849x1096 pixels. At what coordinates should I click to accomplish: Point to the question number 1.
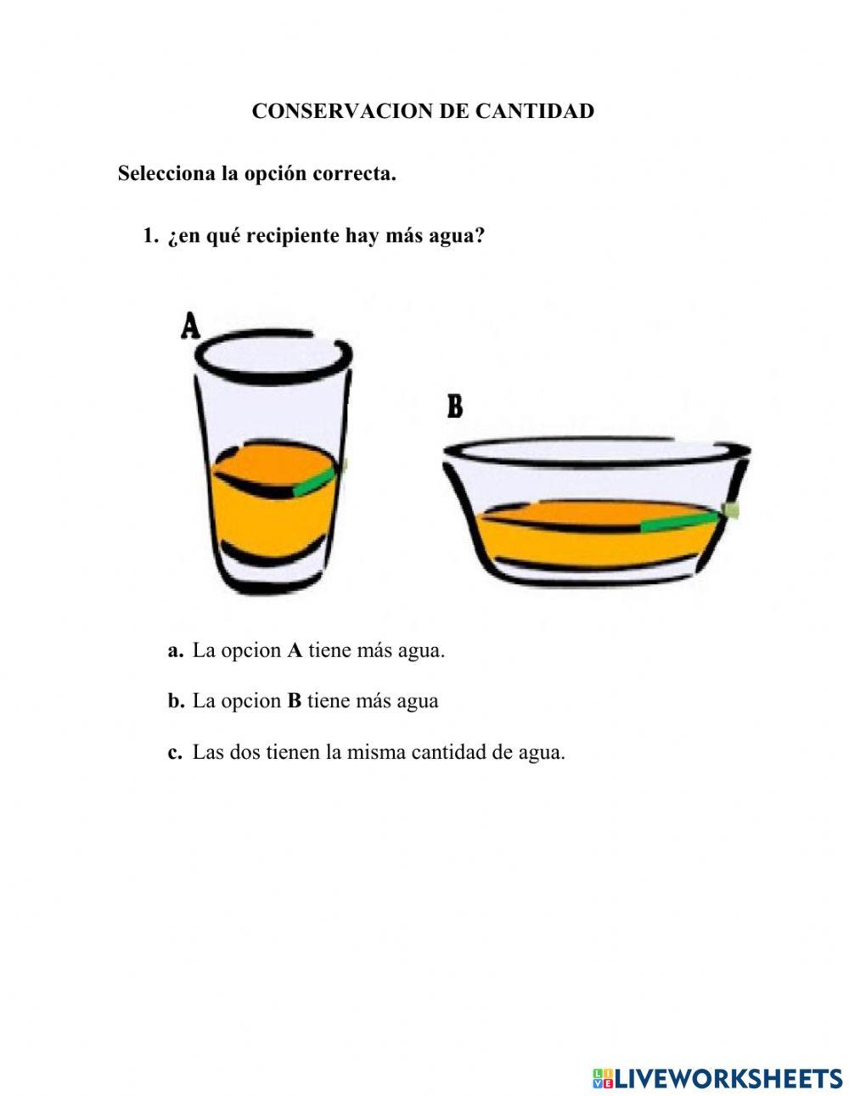pyautogui.click(x=150, y=236)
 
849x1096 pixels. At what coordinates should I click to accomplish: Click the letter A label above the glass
pyautogui.click(x=191, y=327)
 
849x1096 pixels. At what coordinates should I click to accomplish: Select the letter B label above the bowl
pyautogui.click(x=455, y=407)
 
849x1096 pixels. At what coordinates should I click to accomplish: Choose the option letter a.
pyautogui.click(x=176, y=651)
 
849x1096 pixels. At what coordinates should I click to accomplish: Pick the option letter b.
pyautogui.click(x=176, y=701)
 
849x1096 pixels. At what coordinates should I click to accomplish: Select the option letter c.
pyautogui.click(x=175, y=752)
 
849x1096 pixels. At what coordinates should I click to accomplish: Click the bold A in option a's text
pyautogui.click(x=295, y=651)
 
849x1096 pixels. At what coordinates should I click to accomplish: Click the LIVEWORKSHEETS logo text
pyautogui.click(x=728, y=1078)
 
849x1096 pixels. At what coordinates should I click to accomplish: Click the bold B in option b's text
pyautogui.click(x=294, y=701)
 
